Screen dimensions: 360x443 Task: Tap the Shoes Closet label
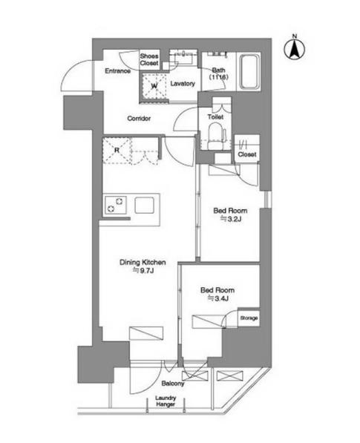(x=149, y=59)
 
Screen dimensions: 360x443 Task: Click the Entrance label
(x=117, y=70)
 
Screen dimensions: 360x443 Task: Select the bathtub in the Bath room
(x=249, y=71)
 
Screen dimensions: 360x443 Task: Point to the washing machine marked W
(x=154, y=86)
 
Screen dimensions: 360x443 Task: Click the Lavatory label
(x=183, y=84)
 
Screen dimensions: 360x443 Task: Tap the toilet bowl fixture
(x=217, y=136)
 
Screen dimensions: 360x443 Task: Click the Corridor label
(x=139, y=119)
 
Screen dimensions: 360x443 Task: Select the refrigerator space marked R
(x=117, y=151)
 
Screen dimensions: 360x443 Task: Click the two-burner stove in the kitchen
(x=116, y=205)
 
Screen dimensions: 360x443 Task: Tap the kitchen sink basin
(x=145, y=205)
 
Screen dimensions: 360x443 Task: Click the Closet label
(x=247, y=154)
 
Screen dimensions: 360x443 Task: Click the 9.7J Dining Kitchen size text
(x=143, y=271)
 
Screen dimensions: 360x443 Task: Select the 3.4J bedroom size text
(x=218, y=298)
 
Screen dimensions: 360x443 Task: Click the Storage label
(x=249, y=318)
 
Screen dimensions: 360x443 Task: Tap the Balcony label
(x=173, y=384)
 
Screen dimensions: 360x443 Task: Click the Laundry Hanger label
(x=166, y=401)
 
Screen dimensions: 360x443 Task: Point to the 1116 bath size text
(x=219, y=77)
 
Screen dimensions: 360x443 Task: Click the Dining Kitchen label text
(x=143, y=262)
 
